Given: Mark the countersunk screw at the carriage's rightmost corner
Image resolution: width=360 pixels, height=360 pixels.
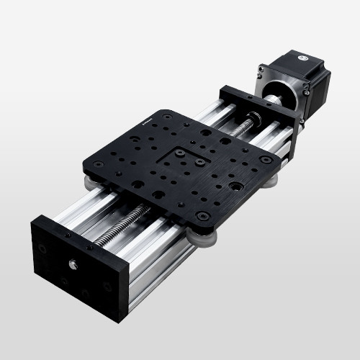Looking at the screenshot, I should pyautogui.click(x=266, y=159).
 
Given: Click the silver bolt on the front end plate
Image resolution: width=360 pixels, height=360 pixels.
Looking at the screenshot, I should pyautogui.click(x=73, y=264).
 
